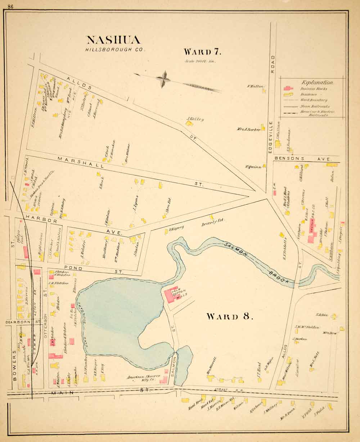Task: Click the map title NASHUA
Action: (x=113, y=40)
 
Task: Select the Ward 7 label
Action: (x=202, y=51)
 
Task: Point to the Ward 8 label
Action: (x=230, y=316)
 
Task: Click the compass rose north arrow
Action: (x=163, y=79)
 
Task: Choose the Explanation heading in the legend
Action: (x=312, y=82)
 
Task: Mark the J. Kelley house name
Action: (x=195, y=119)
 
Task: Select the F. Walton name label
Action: (x=256, y=86)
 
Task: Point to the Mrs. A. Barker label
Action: (x=248, y=129)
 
